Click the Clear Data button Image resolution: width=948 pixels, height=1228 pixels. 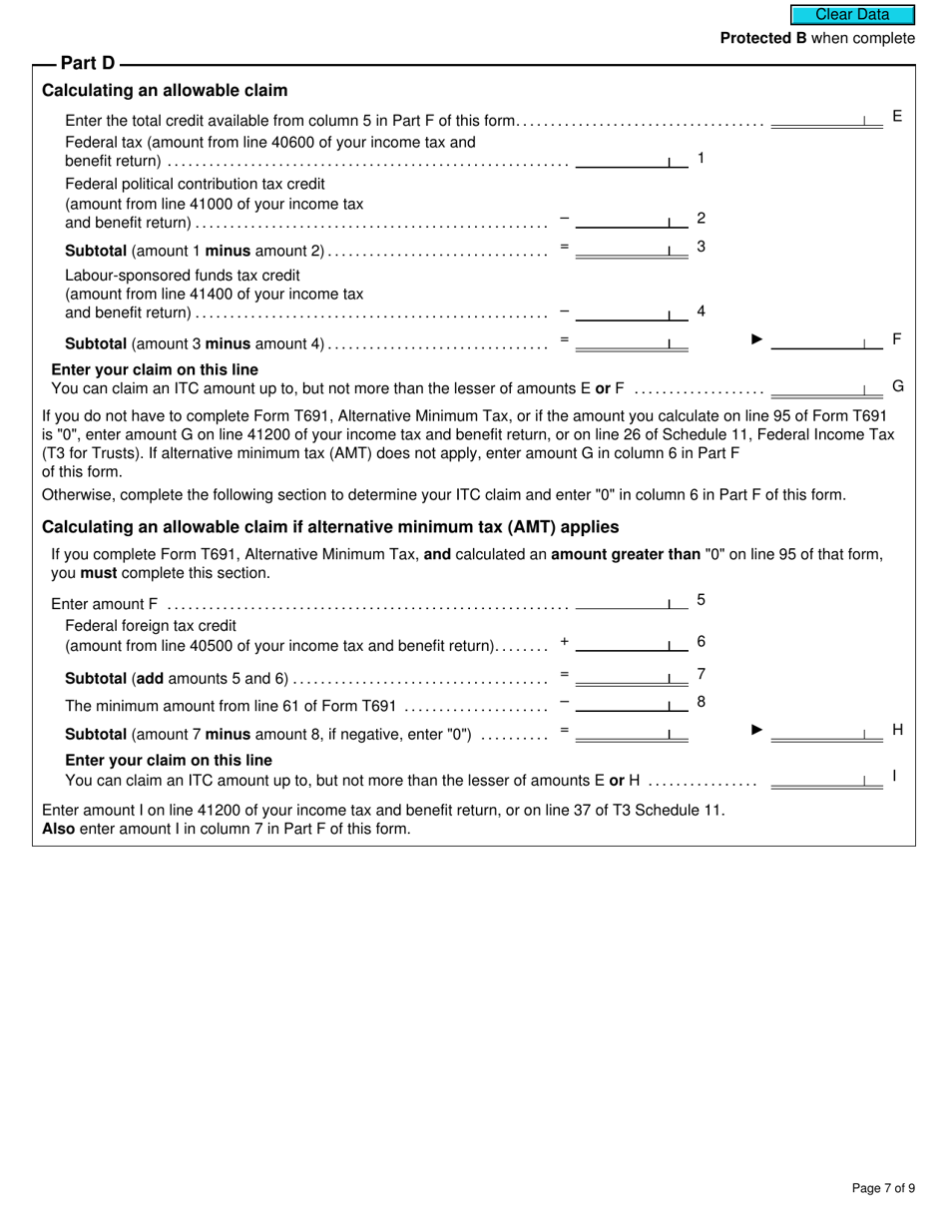[x=852, y=15]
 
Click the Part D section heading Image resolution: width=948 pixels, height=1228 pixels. [x=88, y=64]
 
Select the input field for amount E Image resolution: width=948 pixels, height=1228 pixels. [x=826, y=119]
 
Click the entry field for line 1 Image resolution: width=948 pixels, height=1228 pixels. [x=631, y=160]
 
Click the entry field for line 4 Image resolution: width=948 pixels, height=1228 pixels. [x=631, y=312]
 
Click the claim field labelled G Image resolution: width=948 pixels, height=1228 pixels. [x=826, y=387]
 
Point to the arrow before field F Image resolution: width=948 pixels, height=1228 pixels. [x=757, y=339]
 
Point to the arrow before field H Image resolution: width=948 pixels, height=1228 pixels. [x=757, y=730]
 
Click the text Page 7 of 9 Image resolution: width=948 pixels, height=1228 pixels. [x=883, y=1188]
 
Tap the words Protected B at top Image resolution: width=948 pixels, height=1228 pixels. [x=763, y=38]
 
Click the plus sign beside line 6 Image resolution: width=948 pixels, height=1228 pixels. [x=565, y=642]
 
